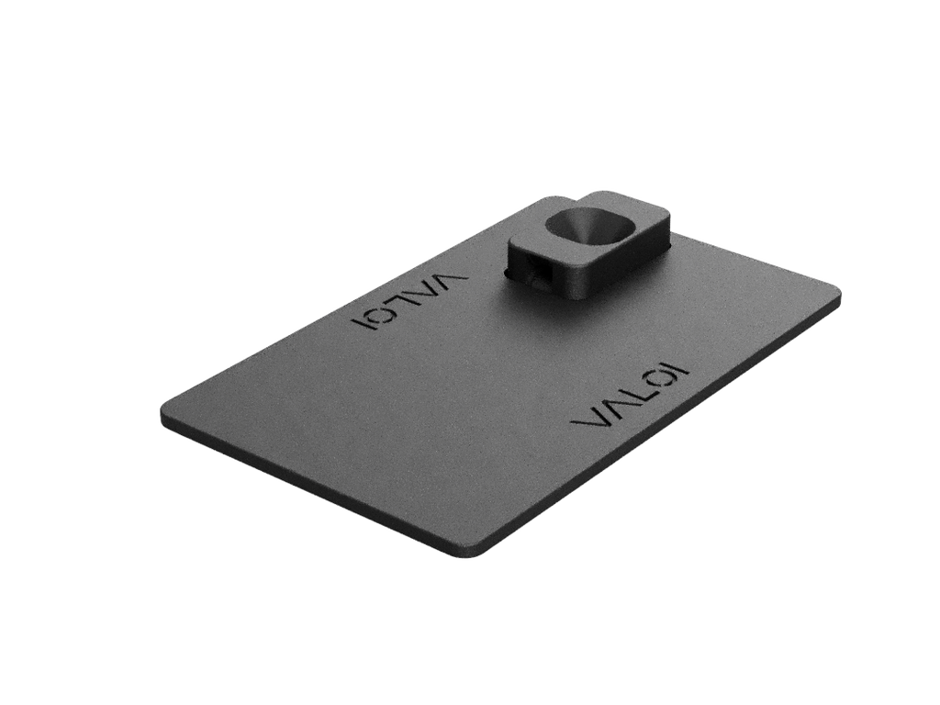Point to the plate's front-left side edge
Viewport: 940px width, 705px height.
[x=312, y=487]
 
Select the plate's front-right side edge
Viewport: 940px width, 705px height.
[x=661, y=431]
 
